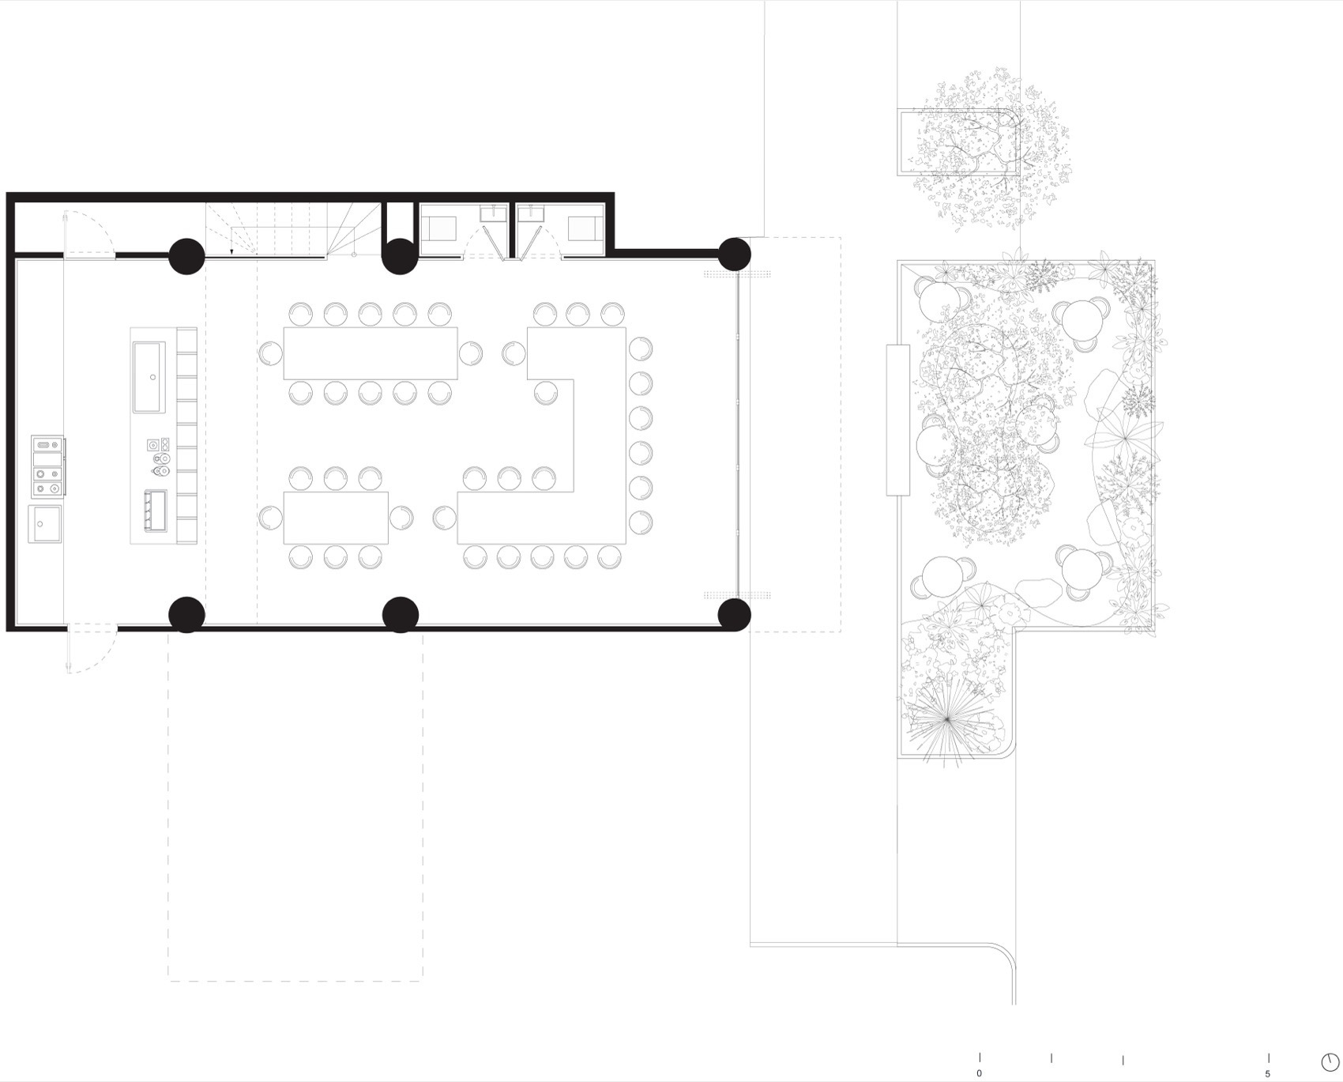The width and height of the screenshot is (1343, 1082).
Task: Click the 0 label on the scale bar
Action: click(980, 1073)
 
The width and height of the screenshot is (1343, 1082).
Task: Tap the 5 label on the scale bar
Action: click(1268, 1073)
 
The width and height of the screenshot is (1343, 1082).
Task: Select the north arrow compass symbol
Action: click(1330, 1061)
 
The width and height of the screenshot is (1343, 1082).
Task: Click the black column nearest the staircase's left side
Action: click(187, 256)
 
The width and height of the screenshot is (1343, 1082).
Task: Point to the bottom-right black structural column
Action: click(735, 615)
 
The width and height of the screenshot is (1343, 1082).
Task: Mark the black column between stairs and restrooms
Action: click(400, 256)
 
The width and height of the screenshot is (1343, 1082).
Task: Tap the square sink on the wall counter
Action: click(45, 524)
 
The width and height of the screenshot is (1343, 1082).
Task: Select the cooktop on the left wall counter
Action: click(47, 466)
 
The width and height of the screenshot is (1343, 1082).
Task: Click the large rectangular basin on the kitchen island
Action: click(149, 377)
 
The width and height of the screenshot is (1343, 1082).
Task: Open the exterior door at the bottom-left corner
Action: click(92, 648)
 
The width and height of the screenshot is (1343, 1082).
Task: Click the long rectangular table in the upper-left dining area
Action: click(371, 352)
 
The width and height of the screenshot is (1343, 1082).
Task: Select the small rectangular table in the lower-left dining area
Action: click(336, 518)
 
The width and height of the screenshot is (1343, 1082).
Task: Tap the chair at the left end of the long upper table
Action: click(271, 352)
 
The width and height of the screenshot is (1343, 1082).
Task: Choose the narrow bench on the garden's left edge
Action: click(897, 420)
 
